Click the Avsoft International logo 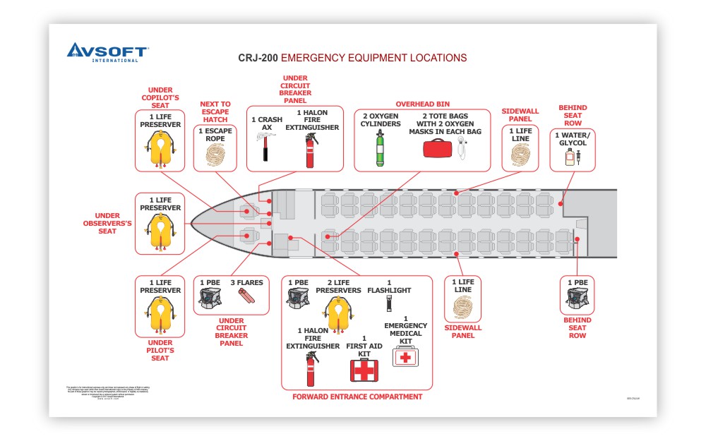[x=107, y=53]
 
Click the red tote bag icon [x=436, y=149]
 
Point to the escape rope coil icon [x=215, y=154]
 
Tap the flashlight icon [x=388, y=304]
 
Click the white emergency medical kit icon [x=405, y=356]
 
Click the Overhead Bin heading [x=422, y=104]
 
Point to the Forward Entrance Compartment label [x=357, y=397]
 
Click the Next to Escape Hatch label [x=215, y=111]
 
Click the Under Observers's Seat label [x=107, y=224]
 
